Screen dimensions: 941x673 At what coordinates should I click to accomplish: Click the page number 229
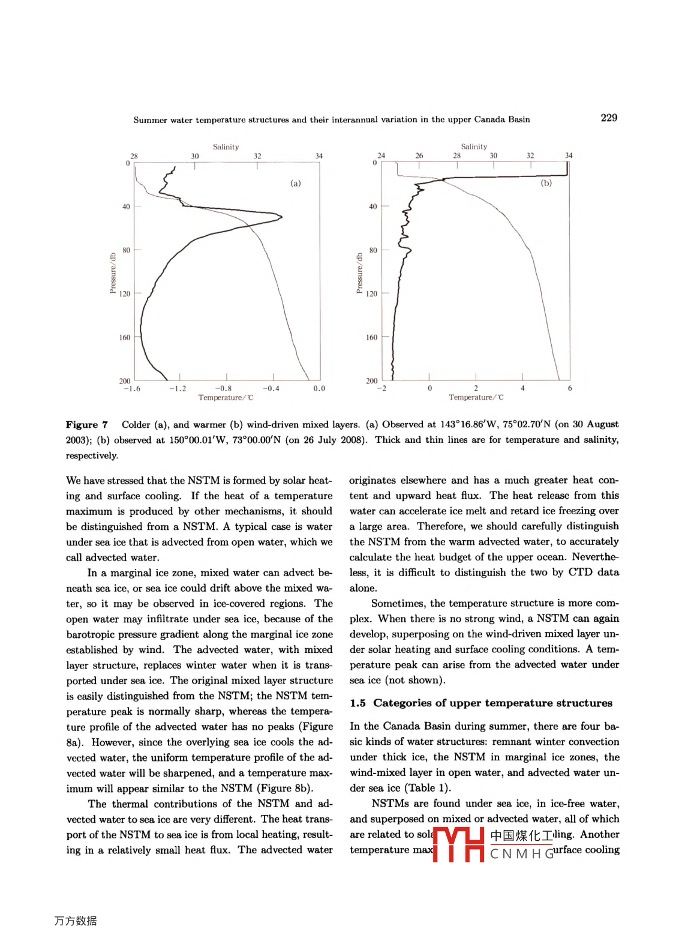click(x=609, y=118)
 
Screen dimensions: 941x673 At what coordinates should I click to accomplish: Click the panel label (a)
click(x=296, y=183)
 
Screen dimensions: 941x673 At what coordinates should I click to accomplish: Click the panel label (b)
click(x=546, y=182)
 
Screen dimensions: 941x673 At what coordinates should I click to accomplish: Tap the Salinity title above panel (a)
click(x=226, y=146)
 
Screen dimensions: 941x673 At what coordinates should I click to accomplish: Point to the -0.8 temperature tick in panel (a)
click(x=223, y=388)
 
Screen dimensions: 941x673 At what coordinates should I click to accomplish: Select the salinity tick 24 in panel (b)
click(x=381, y=155)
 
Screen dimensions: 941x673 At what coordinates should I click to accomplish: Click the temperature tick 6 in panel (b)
click(x=569, y=388)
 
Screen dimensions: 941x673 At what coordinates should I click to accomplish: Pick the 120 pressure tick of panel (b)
click(x=372, y=293)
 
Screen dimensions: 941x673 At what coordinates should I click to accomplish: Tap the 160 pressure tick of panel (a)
click(x=124, y=337)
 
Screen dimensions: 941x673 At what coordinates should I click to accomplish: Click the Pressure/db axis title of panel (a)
click(x=113, y=273)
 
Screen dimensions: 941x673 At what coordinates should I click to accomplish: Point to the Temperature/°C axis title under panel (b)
click(x=476, y=397)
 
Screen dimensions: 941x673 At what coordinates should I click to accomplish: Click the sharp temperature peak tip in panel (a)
click(x=281, y=217)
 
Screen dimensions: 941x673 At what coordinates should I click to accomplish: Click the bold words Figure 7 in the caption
click(x=87, y=424)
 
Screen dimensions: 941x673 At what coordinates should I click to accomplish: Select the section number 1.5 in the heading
click(x=358, y=703)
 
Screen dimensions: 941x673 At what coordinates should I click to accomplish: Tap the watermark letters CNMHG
click(x=522, y=853)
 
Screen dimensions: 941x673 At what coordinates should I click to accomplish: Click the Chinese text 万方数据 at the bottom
click(x=76, y=921)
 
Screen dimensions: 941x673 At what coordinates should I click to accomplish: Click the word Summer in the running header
click(x=151, y=119)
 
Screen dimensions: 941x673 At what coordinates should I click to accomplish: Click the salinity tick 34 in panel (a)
click(x=319, y=156)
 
